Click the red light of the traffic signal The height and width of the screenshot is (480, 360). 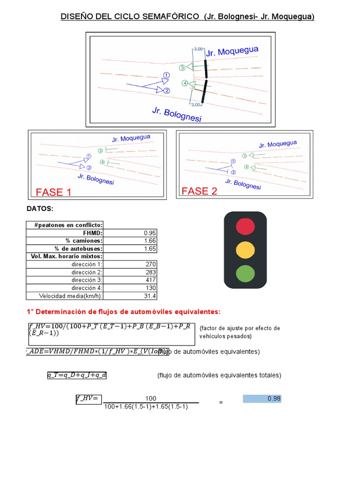pyautogui.click(x=245, y=226)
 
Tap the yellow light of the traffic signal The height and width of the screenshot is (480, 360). pyautogui.click(x=245, y=249)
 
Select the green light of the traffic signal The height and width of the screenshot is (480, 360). pyautogui.click(x=245, y=273)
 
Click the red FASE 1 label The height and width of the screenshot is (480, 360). pyautogui.click(x=53, y=192)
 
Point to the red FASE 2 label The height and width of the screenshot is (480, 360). pyautogui.click(x=199, y=191)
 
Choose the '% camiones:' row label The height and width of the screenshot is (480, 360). pyautogui.click(x=84, y=241)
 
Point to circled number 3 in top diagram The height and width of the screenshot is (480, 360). pyautogui.click(x=182, y=67)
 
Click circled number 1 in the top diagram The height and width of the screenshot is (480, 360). pyautogui.click(x=166, y=75)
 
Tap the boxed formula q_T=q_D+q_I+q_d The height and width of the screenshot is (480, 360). pyautogui.click(x=76, y=375)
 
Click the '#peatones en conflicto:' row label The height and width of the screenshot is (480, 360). pyautogui.click(x=68, y=225)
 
